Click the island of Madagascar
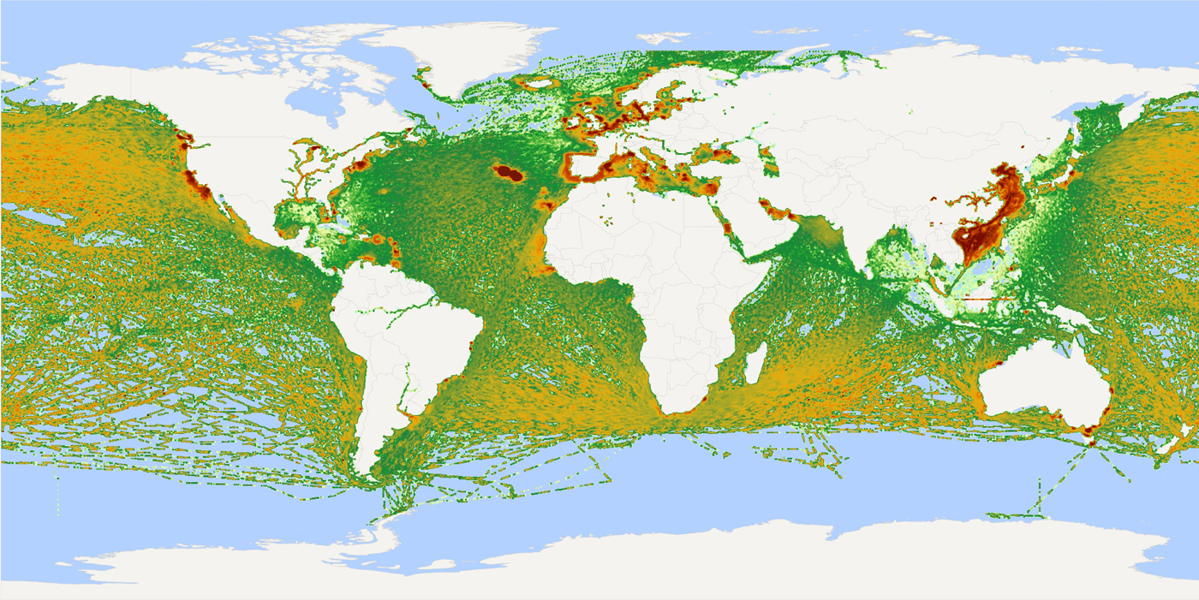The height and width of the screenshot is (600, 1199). pos(755,362)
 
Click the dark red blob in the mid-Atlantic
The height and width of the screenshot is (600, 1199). pos(509,174)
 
